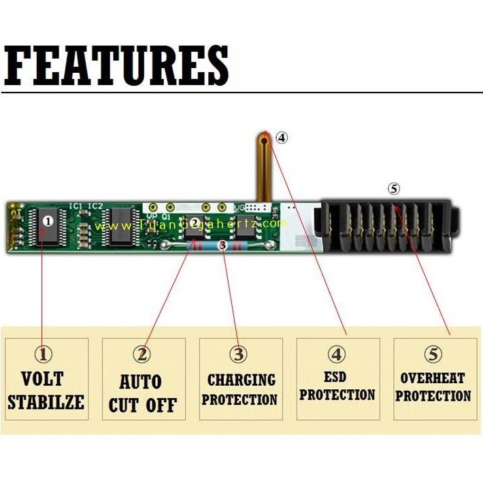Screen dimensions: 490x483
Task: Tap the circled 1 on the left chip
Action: coord(48,220)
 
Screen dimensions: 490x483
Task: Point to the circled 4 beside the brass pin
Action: coord(282,137)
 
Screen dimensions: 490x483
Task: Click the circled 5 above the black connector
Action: coord(394,189)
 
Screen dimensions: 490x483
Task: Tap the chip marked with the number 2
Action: coord(195,223)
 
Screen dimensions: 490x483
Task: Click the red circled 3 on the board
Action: coord(222,244)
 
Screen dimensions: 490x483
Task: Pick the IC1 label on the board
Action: coord(76,205)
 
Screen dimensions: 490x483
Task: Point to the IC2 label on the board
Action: coord(96,205)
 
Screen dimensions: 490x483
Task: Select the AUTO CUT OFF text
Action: coord(143,394)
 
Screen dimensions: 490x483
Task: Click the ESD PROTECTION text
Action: coord(337,386)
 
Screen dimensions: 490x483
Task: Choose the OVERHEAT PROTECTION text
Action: coord(433,387)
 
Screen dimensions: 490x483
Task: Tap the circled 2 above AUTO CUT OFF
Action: coord(142,355)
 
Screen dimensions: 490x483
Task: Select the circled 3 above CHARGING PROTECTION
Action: coord(239,355)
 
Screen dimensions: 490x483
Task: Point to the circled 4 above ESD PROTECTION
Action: coord(337,354)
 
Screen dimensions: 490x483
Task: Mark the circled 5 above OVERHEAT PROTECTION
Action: coord(433,354)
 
